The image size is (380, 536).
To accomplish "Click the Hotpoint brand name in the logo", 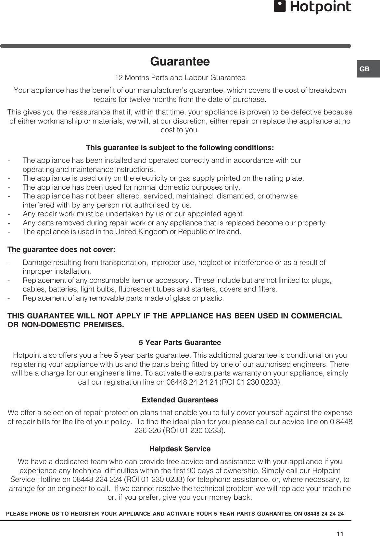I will (x=320, y=7).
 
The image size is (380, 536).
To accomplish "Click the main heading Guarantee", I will (x=180, y=61).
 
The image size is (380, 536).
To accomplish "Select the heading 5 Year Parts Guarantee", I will (x=180, y=343).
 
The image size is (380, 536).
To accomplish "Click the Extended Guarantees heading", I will (x=180, y=400).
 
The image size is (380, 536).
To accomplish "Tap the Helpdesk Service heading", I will (x=180, y=449).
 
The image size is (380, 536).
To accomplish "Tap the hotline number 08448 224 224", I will (x=98, y=480).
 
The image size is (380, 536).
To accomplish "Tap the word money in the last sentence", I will (x=221, y=497).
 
